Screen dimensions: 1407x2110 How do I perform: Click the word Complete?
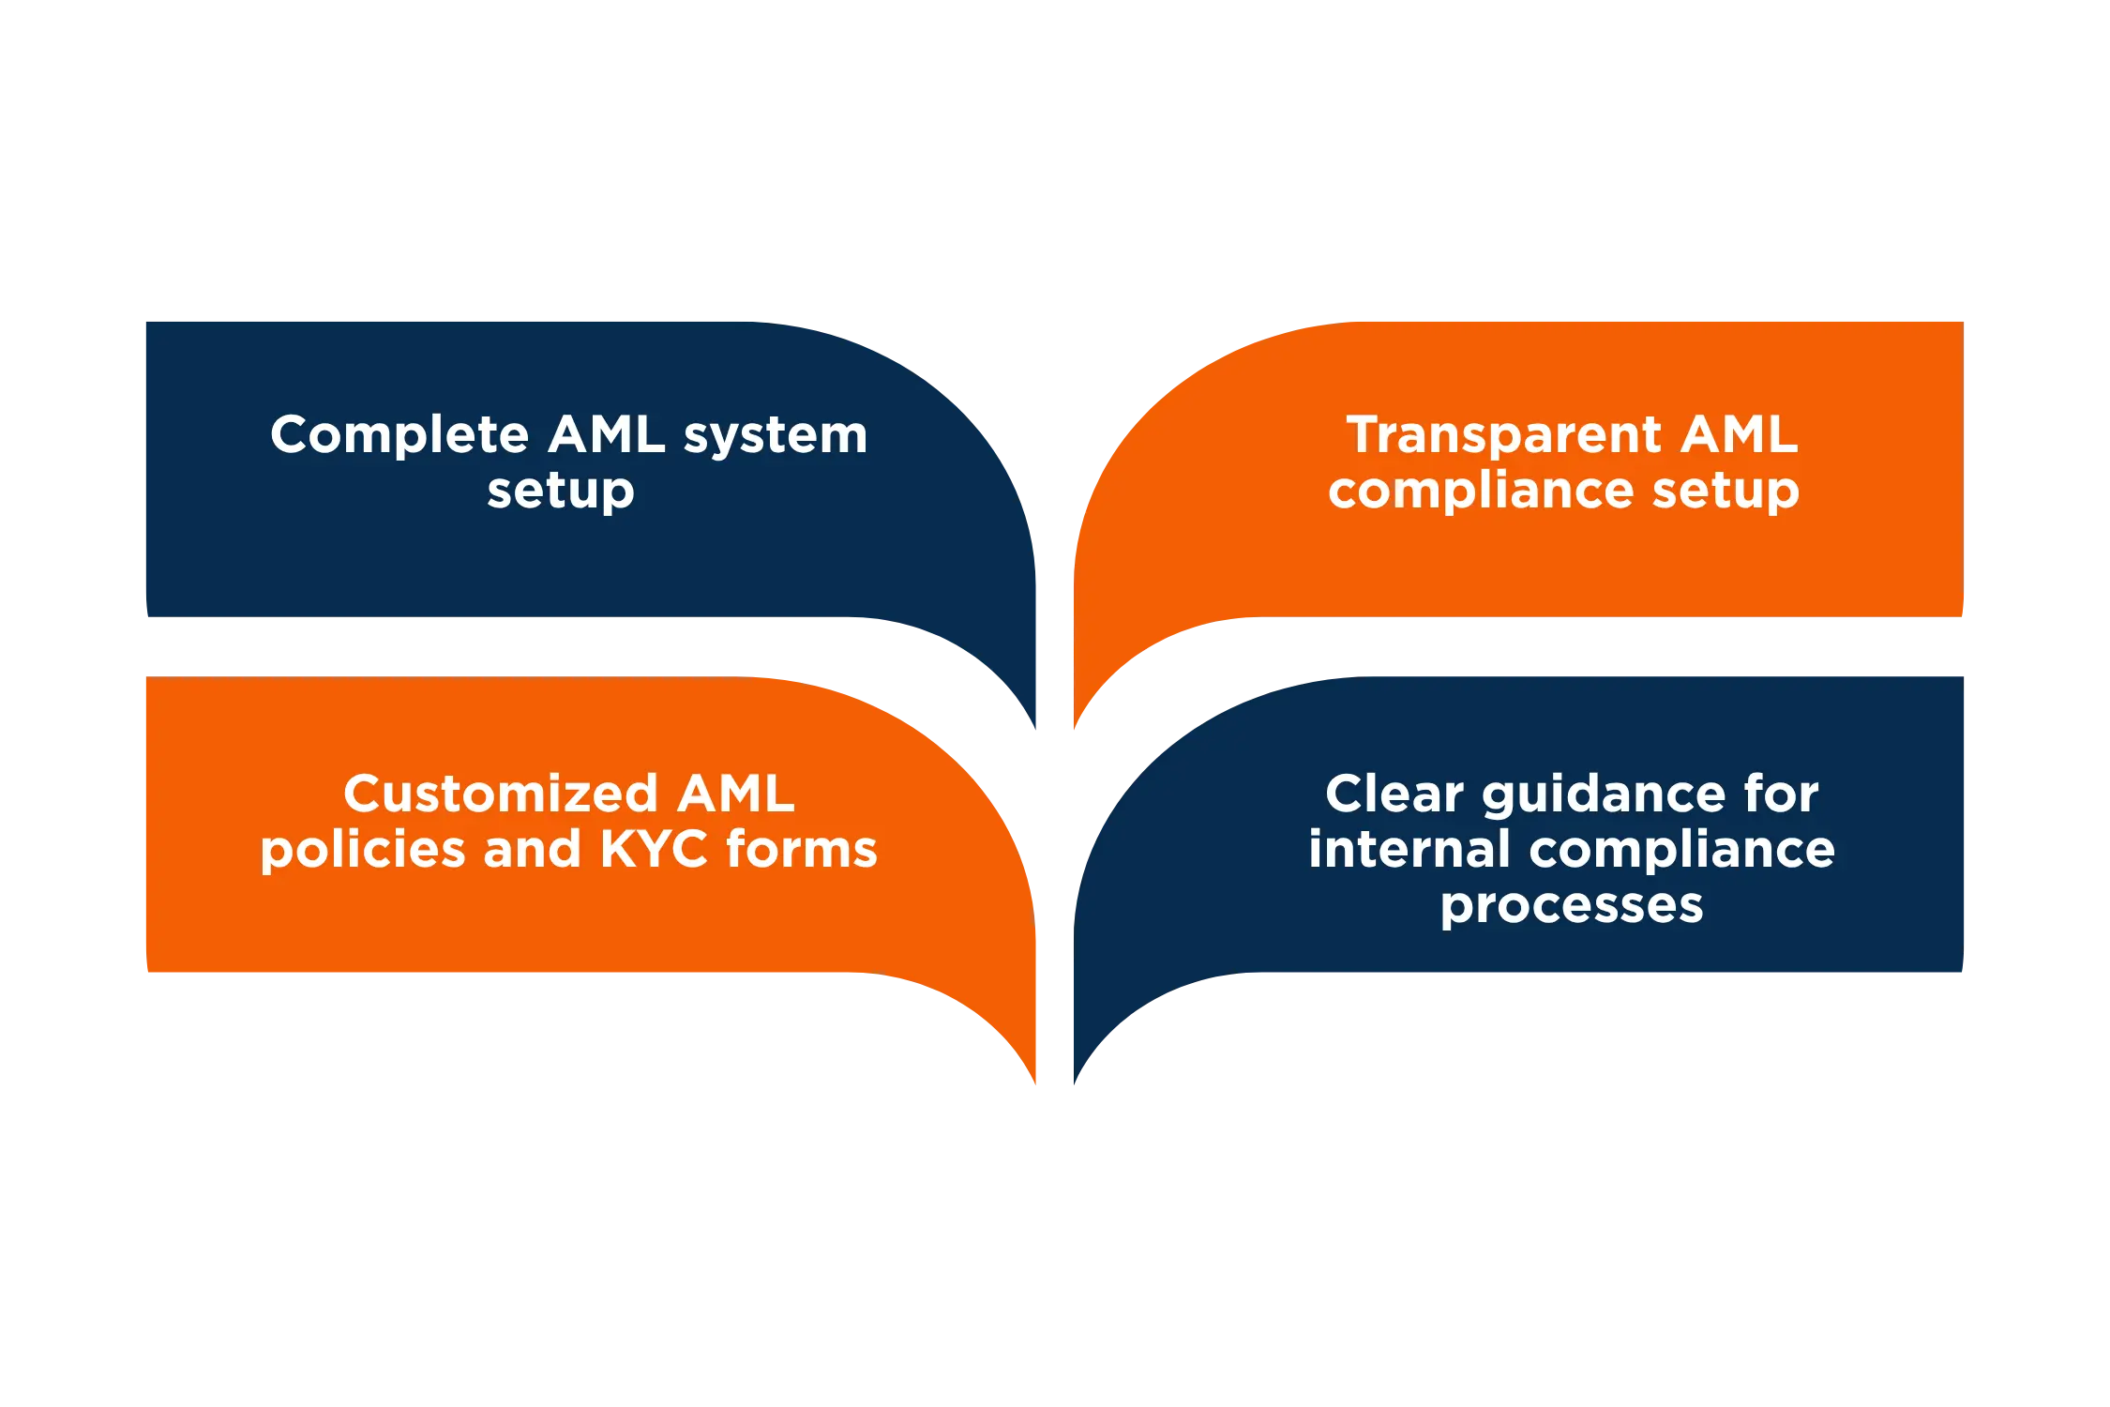tap(399, 435)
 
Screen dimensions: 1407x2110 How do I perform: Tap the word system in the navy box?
tap(776, 435)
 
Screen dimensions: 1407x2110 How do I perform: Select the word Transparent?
tap(1503, 435)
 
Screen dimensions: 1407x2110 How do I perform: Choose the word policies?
tap(363, 850)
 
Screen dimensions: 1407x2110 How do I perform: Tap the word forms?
tap(802, 850)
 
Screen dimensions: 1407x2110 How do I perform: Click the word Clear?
tap(1394, 794)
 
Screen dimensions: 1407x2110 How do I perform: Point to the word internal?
tap(1409, 850)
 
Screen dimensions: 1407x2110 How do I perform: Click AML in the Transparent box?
tap(1739, 435)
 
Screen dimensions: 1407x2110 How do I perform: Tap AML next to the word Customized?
tap(735, 794)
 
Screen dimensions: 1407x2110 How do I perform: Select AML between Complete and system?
tap(607, 435)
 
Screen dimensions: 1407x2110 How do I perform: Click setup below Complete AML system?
tap(561, 492)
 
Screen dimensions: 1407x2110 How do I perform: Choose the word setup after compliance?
tap(1726, 491)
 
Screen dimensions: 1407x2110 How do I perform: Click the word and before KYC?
tap(533, 850)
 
